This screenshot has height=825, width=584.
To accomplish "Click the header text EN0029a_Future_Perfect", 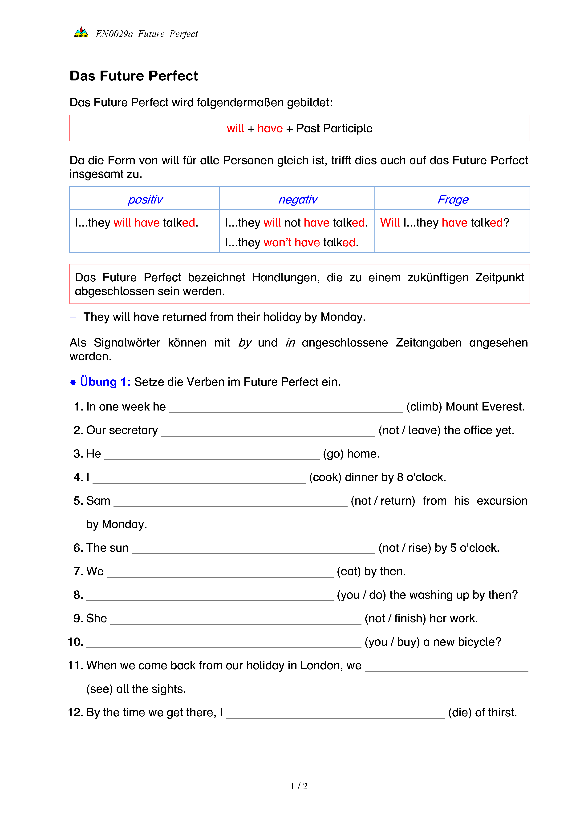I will tap(147, 34).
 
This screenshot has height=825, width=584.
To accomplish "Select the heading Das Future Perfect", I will tap(134, 76).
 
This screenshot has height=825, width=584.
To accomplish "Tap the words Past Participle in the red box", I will tap(334, 128).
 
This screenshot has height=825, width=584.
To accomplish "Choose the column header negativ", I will tap(297, 199).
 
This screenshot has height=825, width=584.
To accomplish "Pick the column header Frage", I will tap(453, 199).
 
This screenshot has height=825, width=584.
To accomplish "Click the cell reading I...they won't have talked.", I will tap(292, 243).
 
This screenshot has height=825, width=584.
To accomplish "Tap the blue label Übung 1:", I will tap(105, 382).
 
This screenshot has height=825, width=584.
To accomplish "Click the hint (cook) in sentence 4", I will tap(325, 477).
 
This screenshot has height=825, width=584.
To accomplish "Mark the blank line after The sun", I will tap(254, 550).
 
